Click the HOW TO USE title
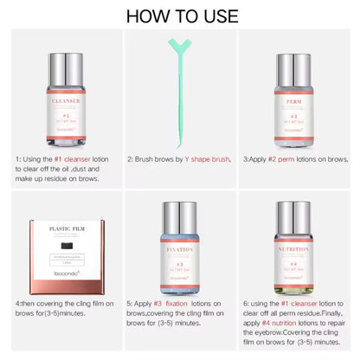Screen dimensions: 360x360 pos(180,16)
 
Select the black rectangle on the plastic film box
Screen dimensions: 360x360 pos(67,246)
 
